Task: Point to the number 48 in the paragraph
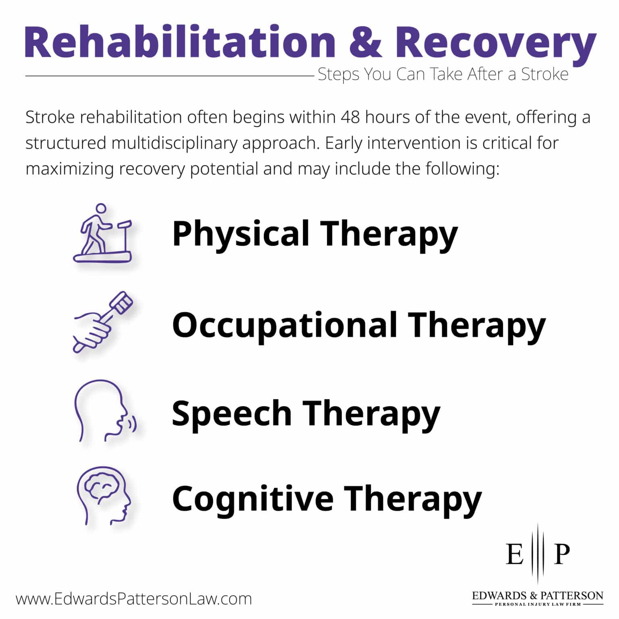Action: [350, 117]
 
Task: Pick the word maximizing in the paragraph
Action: [70, 169]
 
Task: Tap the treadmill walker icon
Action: [103, 233]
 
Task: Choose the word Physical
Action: [241, 234]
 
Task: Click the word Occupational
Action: [284, 325]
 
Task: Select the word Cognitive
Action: [252, 499]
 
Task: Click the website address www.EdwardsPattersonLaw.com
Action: [134, 599]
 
